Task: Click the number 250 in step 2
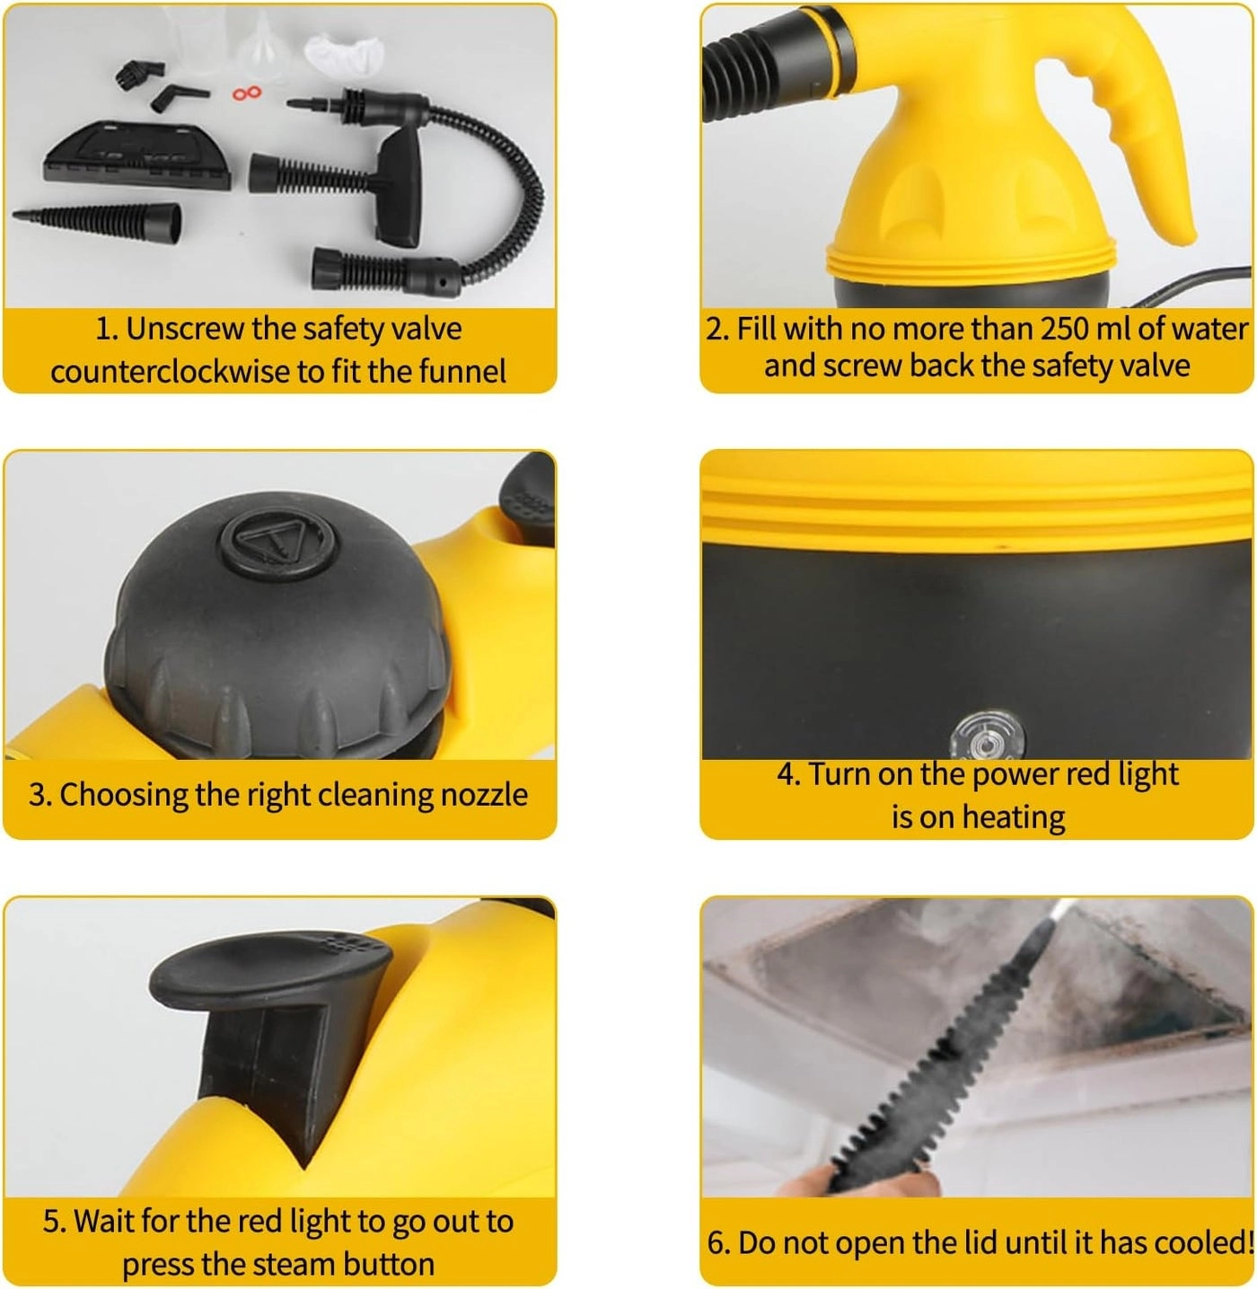tap(1065, 329)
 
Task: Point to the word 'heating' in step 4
tap(1014, 817)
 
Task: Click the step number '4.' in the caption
tap(788, 774)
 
